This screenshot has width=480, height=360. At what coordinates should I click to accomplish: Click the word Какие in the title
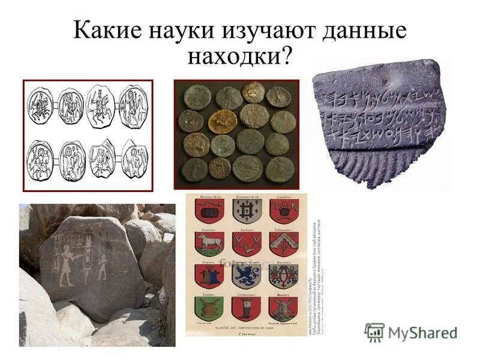click(106, 30)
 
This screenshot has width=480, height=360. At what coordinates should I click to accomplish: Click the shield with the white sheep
click(210, 244)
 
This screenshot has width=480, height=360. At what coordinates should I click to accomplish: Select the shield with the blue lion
click(245, 275)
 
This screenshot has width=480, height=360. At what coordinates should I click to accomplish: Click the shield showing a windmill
click(283, 308)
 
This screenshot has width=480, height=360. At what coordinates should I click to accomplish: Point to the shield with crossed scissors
click(245, 244)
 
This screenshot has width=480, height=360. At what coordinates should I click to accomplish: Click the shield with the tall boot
click(245, 308)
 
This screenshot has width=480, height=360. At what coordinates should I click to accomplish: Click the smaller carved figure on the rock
click(102, 267)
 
